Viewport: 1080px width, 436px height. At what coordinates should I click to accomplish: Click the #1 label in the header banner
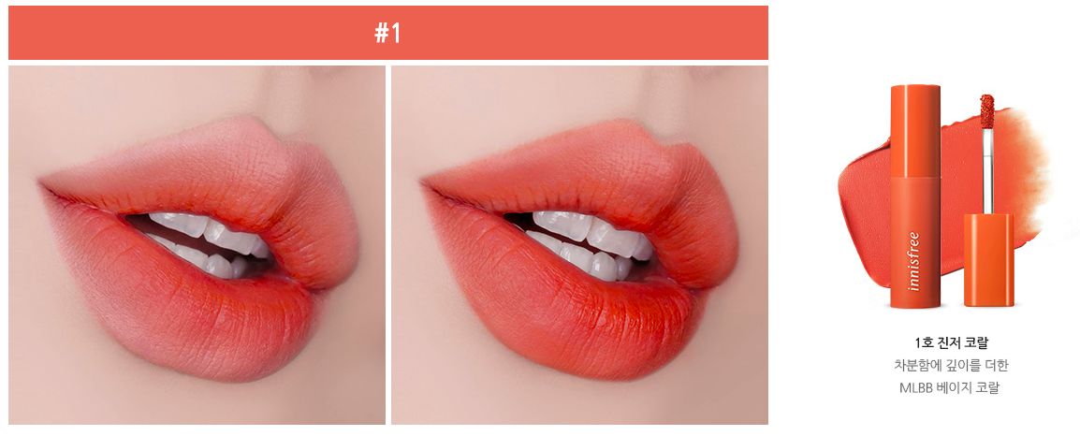click(x=387, y=33)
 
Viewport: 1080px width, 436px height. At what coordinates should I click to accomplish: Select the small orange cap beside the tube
click(x=987, y=260)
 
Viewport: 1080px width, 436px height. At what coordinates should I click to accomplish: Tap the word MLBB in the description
click(x=917, y=387)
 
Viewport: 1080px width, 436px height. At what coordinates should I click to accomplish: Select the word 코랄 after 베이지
click(x=986, y=387)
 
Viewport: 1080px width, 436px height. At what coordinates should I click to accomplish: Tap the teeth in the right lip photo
click(x=588, y=242)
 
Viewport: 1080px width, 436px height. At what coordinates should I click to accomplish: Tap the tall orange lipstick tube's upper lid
click(x=915, y=129)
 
